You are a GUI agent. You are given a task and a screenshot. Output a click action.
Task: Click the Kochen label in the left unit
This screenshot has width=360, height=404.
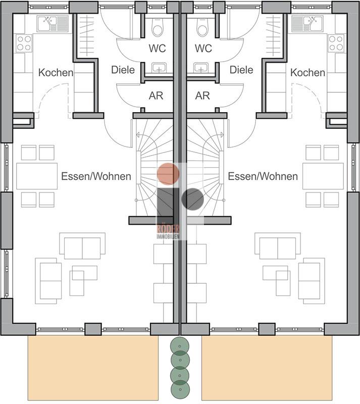click(56, 73)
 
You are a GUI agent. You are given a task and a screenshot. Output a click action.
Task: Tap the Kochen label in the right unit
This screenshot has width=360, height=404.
click(307, 73)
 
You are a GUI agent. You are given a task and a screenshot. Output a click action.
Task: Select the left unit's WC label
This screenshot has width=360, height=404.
click(157, 48)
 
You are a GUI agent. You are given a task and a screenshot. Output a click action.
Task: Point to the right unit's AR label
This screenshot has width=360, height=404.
click(202, 95)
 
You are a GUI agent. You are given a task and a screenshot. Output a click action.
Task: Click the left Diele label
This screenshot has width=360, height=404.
click(123, 70)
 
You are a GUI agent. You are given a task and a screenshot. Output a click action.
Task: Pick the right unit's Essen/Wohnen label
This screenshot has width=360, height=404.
click(263, 176)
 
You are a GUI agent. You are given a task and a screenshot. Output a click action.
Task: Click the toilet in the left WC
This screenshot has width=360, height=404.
click(158, 27)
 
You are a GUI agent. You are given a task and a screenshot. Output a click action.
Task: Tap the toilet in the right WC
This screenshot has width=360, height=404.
click(202, 27)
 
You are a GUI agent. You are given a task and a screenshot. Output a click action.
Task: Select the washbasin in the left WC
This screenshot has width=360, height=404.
click(159, 68)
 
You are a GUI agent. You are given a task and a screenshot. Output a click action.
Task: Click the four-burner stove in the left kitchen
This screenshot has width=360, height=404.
click(24, 43)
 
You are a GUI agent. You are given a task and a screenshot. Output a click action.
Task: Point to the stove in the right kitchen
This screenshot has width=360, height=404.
click(336, 43)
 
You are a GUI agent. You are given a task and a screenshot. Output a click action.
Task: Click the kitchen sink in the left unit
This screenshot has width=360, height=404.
click(53, 24)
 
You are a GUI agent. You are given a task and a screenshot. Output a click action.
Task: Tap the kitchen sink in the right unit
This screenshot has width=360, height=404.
click(307, 24)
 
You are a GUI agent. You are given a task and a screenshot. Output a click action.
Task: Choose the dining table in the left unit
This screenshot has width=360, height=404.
click(37, 176)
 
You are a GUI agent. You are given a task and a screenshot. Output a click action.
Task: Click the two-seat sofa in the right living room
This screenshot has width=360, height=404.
click(278, 246)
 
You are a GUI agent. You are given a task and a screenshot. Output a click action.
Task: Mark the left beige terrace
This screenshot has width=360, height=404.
click(93, 368)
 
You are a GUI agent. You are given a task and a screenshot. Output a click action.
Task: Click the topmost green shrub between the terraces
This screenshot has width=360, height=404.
click(180, 346)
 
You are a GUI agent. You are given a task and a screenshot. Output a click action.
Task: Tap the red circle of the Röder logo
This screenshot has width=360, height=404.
click(168, 174)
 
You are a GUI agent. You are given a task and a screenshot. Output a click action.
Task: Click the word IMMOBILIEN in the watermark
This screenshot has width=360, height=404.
click(168, 236)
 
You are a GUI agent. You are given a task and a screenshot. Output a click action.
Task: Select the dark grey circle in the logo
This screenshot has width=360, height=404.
click(193, 199)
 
